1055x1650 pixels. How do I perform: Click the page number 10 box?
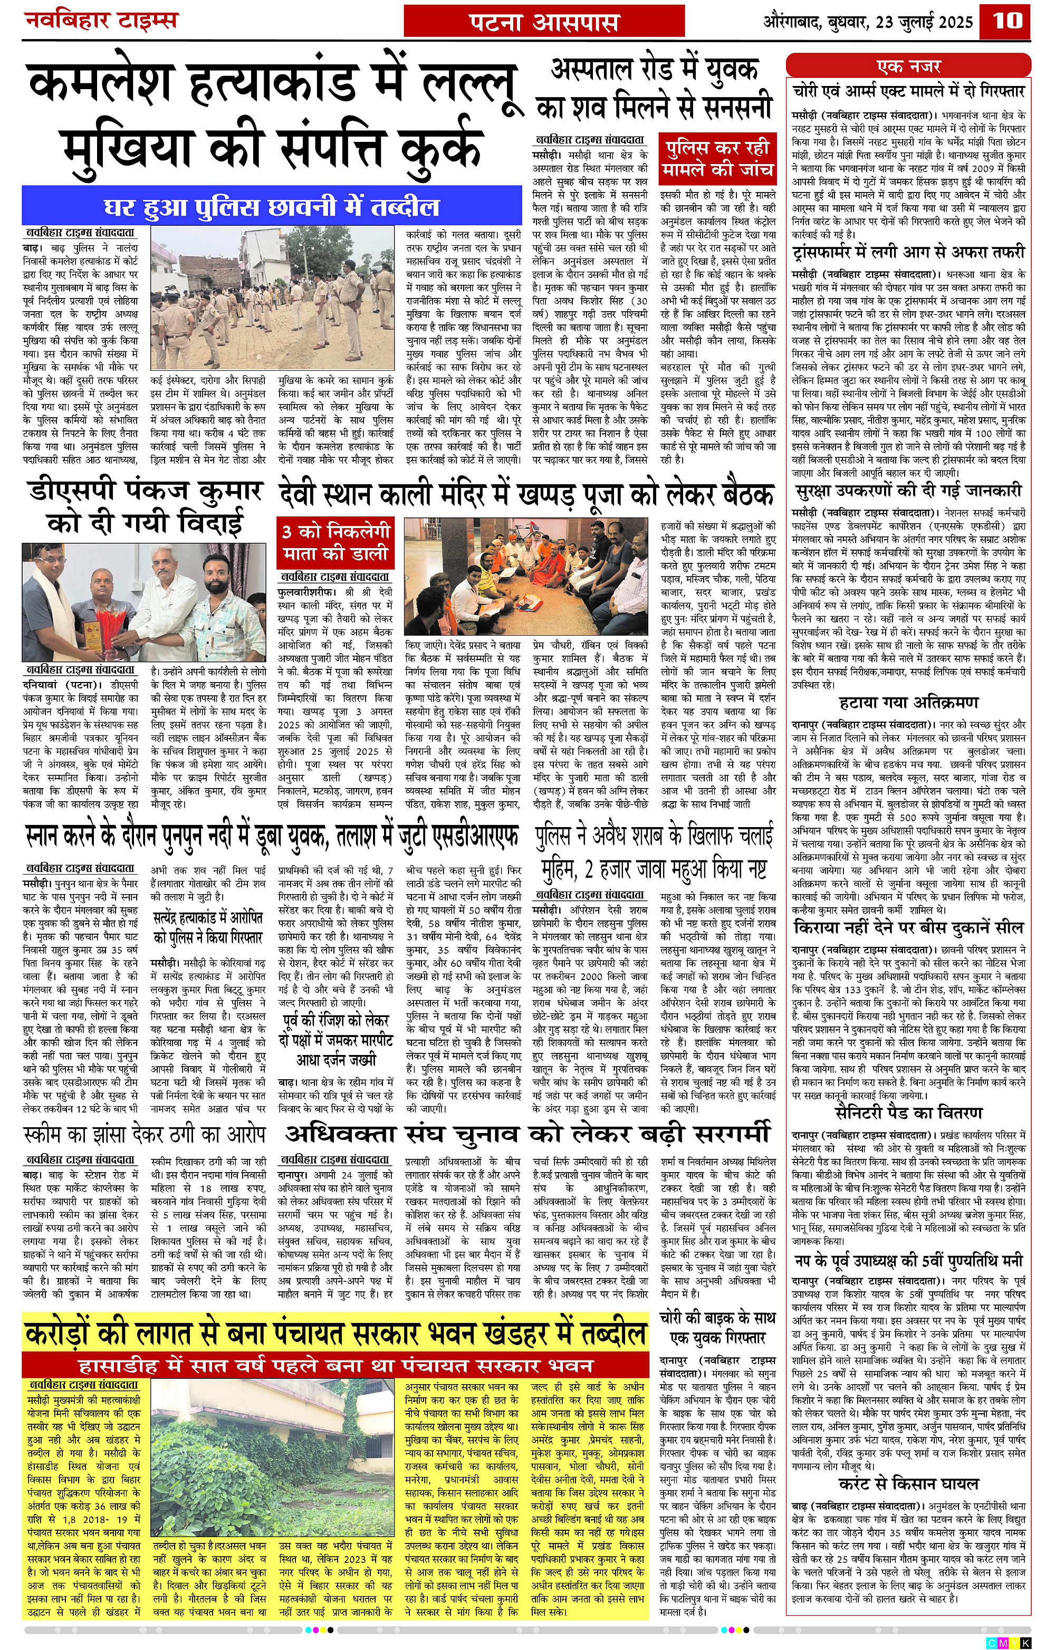click(1006, 21)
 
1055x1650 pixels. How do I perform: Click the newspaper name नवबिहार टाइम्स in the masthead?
click(101, 21)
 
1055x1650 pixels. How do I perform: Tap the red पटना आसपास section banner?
click(544, 23)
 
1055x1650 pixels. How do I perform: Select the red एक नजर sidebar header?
click(908, 66)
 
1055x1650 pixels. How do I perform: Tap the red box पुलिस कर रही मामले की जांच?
click(717, 158)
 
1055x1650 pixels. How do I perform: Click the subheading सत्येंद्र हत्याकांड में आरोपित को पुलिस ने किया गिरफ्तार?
click(208, 927)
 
